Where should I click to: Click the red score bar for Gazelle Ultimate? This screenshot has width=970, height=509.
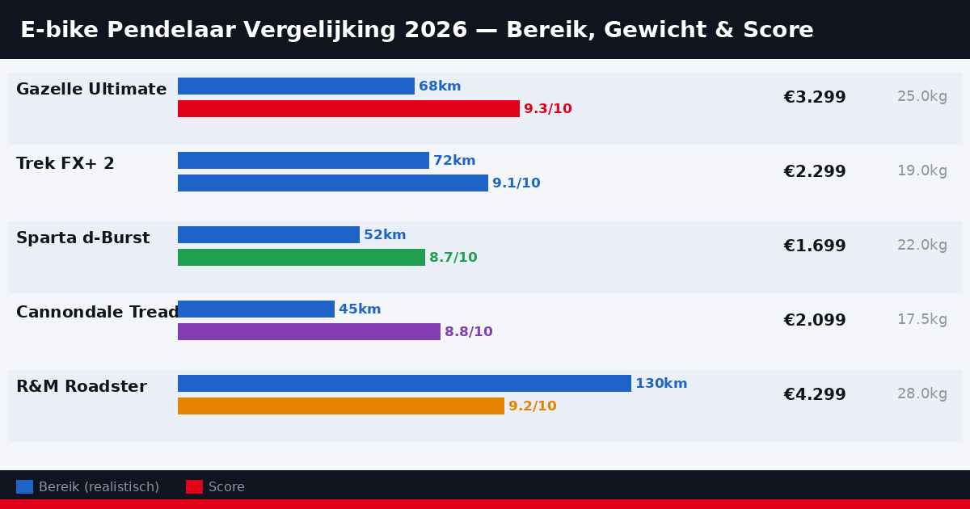click(348, 108)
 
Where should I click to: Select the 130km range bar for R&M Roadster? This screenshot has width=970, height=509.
click(404, 384)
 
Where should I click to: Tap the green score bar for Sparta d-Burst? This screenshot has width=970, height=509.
click(302, 258)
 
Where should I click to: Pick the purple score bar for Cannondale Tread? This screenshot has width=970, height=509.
click(309, 332)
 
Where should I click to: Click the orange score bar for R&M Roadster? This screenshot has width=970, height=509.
click(341, 406)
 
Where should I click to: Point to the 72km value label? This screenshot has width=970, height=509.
click(454, 161)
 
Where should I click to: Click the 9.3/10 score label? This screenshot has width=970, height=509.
click(547, 109)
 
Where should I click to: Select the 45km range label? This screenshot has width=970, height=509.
click(360, 309)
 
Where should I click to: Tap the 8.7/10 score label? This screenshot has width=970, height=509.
click(453, 258)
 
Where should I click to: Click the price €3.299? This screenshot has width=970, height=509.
click(814, 98)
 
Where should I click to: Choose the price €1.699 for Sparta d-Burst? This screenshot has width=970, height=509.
click(814, 246)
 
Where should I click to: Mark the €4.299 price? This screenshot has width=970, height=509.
click(814, 395)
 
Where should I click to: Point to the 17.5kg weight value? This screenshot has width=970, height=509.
click(921, 320)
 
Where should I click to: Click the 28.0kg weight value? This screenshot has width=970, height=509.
click(921, 394)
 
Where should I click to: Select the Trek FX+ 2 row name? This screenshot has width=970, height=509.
click(65, 164)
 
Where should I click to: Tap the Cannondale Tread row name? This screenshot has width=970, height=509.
click(97, 313)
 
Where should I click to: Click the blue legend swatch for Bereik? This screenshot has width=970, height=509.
click(24, 487)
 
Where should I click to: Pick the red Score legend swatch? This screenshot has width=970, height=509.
click(194, 487)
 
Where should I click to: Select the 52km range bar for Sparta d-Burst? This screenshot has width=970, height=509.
click(268, 235)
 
